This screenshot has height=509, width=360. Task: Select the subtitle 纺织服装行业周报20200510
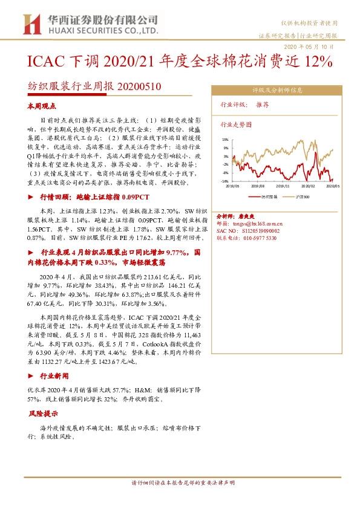tap(94, 86)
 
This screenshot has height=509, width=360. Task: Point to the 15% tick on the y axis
tap(225, 140)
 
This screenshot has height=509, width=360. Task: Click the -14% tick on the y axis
tap(224, 181)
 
